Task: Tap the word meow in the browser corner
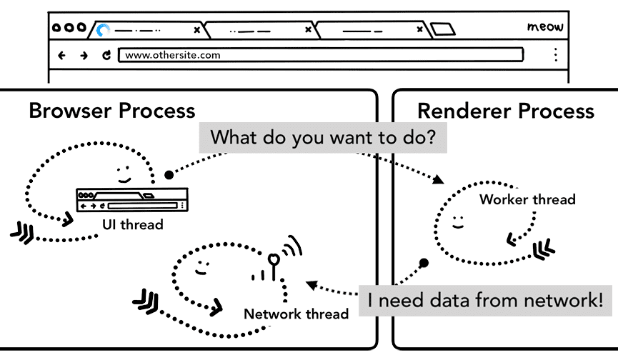[x=545, y=27]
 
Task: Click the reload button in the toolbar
[x=106, y=55]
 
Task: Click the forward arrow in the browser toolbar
[x=84, y=55]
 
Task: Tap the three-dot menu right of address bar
[x=555, y=55]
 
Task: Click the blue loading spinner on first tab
[x=104, y=30]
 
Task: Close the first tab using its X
[x=197, y=30]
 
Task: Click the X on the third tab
[x=418, y=30]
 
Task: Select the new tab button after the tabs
[x=443, y=30]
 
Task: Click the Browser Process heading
[x=112, y=111]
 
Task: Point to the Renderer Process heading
[x=506, y=111]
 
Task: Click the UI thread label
[x=132, y=225]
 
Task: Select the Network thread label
[x=296, y=314]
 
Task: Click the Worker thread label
[x=527, y=199]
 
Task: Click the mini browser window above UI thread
[x=131, y=199]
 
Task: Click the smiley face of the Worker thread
[x=458, y=219]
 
